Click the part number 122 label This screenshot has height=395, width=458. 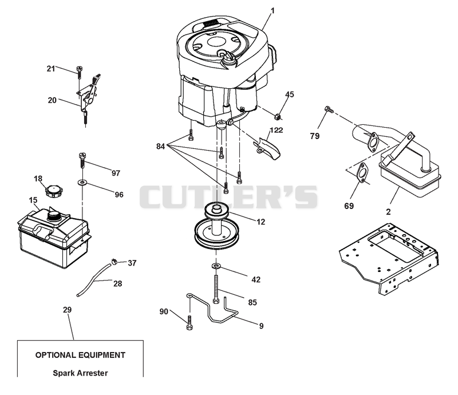276,130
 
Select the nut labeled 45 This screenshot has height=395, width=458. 278,117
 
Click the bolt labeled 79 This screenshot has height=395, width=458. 328,109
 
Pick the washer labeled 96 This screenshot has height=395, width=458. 82,183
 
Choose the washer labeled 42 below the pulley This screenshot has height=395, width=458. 216,266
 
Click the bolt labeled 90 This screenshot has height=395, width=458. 189,323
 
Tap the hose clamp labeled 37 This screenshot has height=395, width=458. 114,261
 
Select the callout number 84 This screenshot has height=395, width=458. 161,146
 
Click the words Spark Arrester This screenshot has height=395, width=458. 80,373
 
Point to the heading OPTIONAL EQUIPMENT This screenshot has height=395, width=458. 80,355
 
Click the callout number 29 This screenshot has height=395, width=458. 67,310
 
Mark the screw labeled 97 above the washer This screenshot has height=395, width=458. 82,160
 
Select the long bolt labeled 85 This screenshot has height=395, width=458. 216,289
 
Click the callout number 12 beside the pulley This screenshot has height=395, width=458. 261,222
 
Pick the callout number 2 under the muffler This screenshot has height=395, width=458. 388,212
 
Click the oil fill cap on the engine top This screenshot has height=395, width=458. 227,59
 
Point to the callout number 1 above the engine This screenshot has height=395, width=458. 273,11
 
